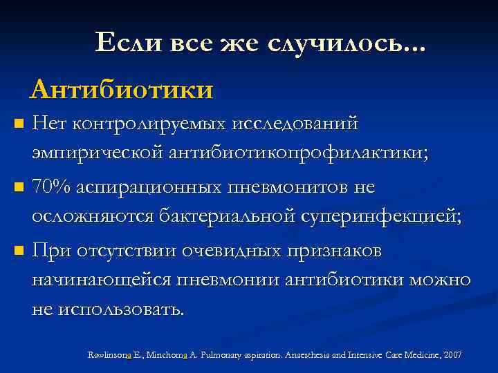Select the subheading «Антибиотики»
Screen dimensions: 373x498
click(122, 89)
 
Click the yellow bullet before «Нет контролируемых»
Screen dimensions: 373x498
click(19, 125)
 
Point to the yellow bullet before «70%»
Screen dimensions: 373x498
click(19, 187)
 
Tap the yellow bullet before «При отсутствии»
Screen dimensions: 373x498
click(19, 249)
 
